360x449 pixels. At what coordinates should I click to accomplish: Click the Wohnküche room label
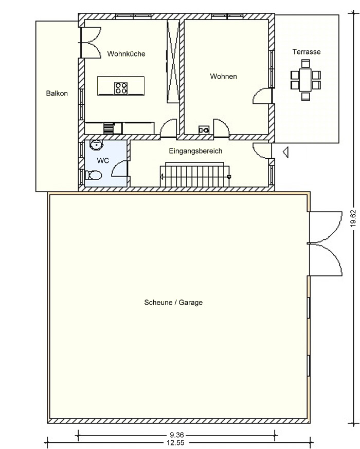[x=126, y=54]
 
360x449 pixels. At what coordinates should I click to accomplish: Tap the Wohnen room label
[x=223, y=77]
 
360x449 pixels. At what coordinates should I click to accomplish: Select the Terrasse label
[x=307, y=52]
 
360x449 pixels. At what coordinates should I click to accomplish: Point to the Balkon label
[x=57, y=93]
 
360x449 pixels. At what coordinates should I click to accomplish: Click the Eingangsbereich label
[x=195, y=151]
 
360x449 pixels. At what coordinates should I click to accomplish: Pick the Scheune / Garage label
[x=173, y=303]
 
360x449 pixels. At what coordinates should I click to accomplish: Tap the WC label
[x=103, y=161]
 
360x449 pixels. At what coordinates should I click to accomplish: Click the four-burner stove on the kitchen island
[x=121, y=88]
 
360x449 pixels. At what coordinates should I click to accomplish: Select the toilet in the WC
[x=93, y=175]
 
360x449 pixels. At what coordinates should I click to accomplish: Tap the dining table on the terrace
[x=305, y=80]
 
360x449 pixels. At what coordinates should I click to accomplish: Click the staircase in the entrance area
[x=195, y=175]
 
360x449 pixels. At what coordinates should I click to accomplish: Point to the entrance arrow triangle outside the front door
[x=285, y=152]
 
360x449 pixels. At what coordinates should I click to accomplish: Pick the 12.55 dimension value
[x=175, y=443]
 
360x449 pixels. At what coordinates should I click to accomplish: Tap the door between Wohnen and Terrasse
[x=262, y=96]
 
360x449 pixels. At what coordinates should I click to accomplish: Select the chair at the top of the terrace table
[x=305, y=63]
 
